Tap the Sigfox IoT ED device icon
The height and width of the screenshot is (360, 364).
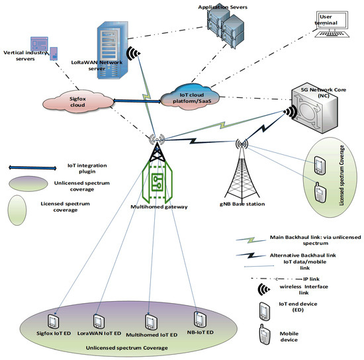click(58, 308)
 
